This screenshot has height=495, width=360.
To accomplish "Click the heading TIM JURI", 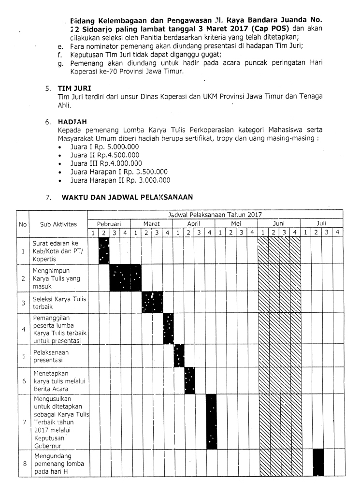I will (72, 88).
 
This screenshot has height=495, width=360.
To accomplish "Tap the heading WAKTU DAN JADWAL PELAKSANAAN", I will (128, 197).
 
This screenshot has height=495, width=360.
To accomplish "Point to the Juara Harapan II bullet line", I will (120, 181).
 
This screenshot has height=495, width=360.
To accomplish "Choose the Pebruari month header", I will (109, 224).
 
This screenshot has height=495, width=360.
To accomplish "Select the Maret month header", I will (151, 224).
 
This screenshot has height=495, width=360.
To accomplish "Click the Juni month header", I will (279, 224).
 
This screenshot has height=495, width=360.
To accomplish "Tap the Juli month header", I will (321, 224).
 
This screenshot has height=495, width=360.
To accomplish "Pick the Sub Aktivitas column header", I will (58, 224).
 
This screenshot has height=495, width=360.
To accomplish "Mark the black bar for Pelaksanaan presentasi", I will (179, 356).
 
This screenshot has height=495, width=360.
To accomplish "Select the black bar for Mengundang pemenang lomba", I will (318, 462).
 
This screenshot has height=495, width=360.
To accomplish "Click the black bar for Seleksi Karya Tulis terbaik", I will (152, 303).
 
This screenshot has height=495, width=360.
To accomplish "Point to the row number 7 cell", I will (23, 421).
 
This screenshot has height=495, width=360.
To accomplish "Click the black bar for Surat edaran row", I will (104, 251).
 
